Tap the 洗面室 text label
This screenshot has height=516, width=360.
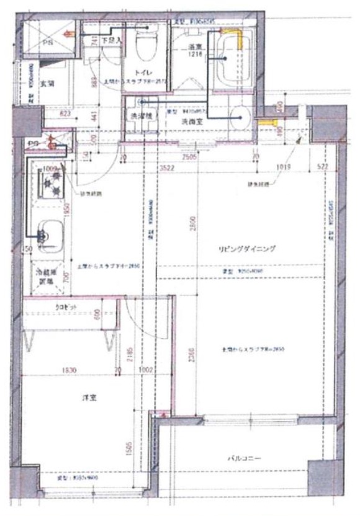(190, 122)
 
